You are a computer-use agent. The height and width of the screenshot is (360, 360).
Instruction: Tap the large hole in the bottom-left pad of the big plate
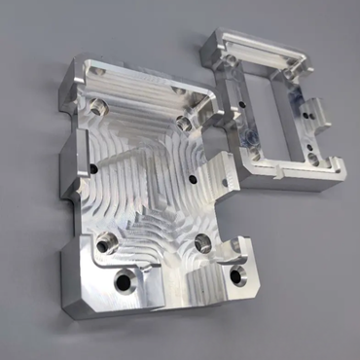tap(123, 283)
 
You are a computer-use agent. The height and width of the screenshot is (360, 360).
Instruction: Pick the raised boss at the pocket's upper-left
tap(97, 104)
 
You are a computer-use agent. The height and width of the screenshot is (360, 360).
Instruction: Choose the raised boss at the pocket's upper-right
tap(184, 123)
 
